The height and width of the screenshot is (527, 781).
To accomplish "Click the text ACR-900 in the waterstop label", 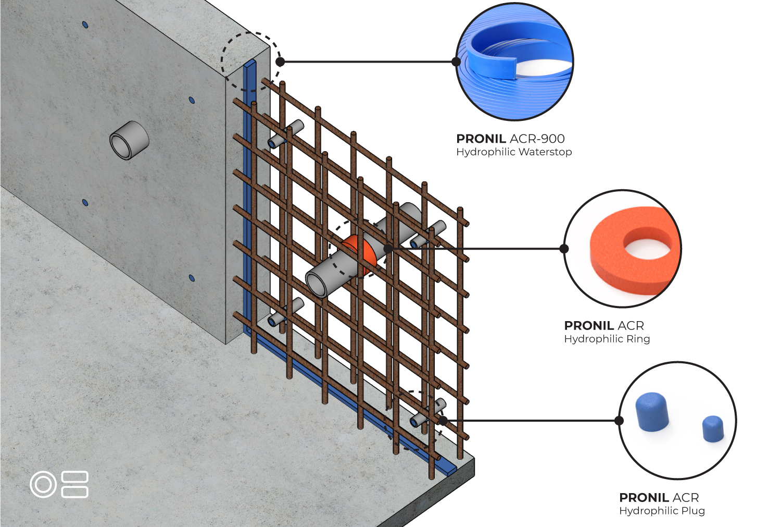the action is click(537, 139).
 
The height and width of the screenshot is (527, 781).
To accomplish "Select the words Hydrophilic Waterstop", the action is click(514, 152).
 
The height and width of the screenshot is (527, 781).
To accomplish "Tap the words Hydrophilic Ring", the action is click(607, 339).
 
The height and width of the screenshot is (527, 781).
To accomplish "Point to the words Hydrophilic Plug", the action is click(662, 511).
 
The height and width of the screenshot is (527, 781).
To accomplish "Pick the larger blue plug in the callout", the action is click(652, 412).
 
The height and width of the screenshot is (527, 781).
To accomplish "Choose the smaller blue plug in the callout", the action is click(713, 429).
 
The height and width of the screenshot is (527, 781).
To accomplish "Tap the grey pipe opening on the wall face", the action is click(129, 140).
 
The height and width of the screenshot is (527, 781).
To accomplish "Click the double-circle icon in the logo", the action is click(43, 484).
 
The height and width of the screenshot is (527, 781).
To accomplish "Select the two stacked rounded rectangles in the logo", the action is click(74, 484).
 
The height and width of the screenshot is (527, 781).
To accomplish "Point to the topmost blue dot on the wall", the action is click(85, 24).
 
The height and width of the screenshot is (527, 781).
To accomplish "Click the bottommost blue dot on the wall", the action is click(192, 278).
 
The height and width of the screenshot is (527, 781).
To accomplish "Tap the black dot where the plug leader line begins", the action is click(443, 421).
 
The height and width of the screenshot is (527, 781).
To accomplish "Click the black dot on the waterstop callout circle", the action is click(456, 62).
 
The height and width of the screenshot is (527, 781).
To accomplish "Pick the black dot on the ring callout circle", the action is click(564, 249).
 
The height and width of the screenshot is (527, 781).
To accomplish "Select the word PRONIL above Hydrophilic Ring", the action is click(589, 326).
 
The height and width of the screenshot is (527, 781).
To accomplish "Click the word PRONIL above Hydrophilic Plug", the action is click(644, 498).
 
